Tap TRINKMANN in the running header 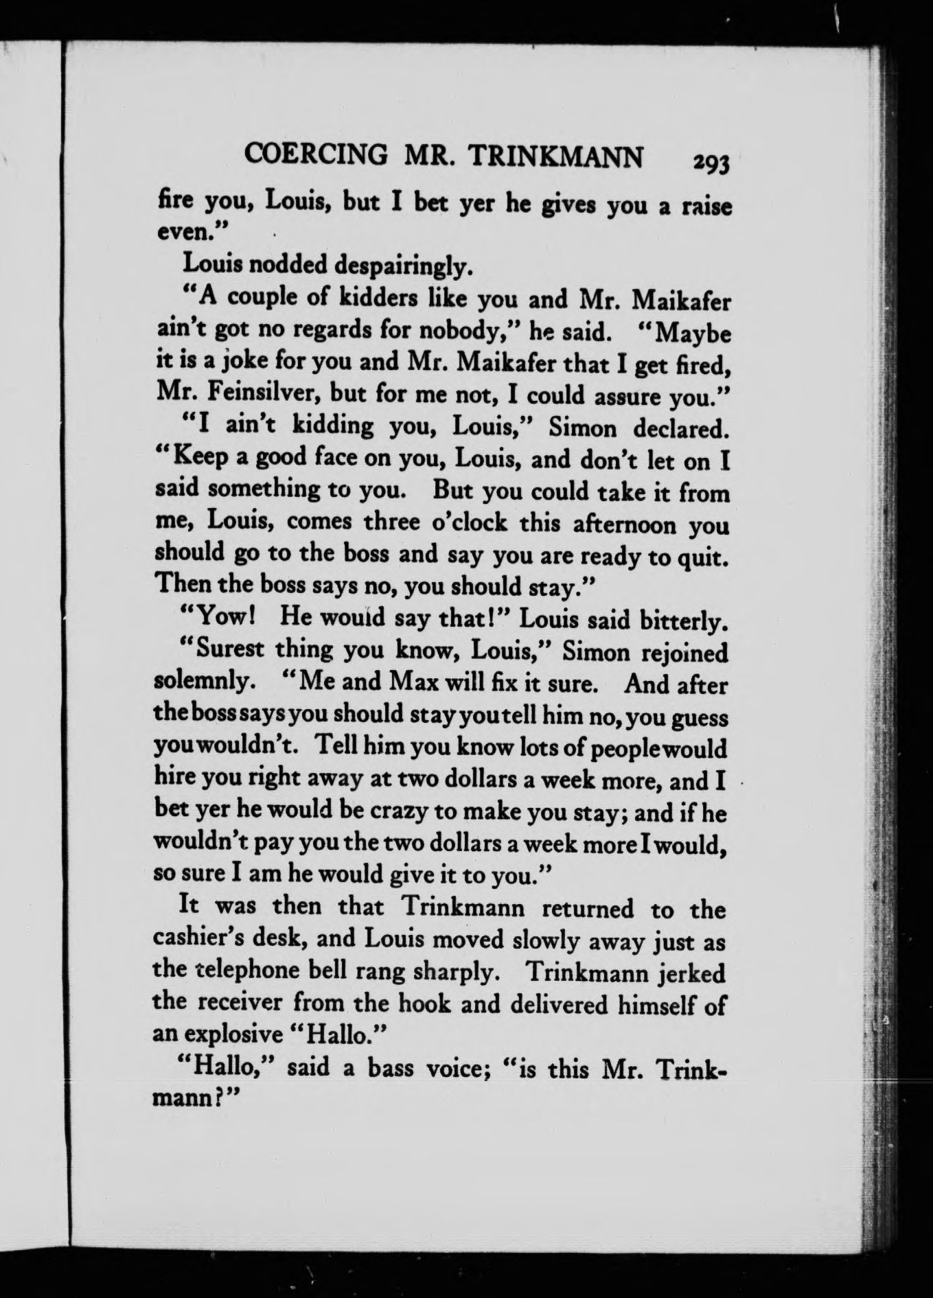pos(556,157)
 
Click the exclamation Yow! pos(226,618)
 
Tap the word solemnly pos(200,682)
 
